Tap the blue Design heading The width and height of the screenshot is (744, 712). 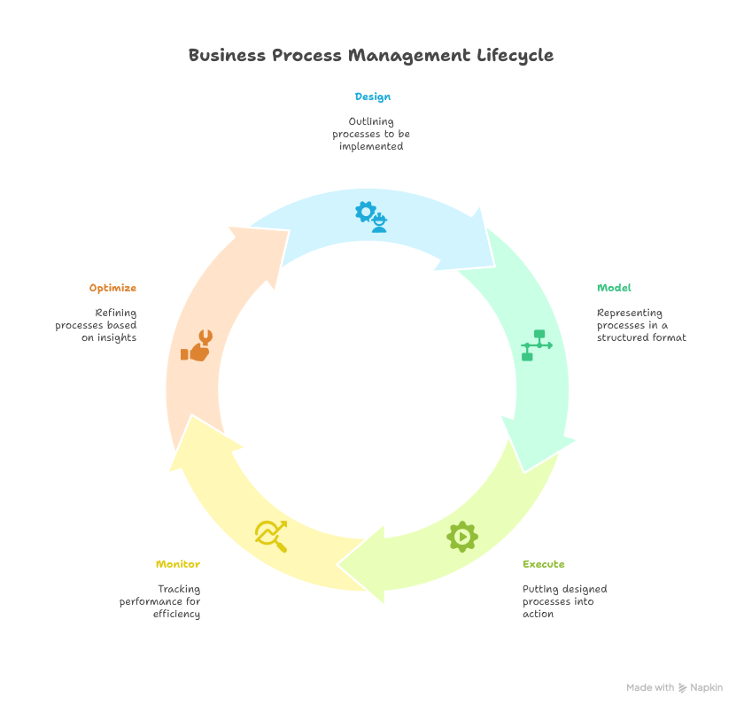point(372,97)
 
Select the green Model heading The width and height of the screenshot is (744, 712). point(614,288)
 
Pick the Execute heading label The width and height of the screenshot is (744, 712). point(543,564)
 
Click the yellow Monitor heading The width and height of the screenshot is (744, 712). point(177,564)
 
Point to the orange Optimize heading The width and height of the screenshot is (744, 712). point(112,288)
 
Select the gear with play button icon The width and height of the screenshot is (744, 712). point(462,537)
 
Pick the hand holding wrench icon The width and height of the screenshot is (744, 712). point(197,345)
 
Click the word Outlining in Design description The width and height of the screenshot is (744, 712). point(371,121)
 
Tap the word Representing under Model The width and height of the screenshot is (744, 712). point(630,313)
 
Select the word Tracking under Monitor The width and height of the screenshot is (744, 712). point(179,589)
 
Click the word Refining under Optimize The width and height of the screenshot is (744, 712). point(115,313)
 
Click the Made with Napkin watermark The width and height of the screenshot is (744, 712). point(674,687)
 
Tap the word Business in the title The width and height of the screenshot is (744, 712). point(226,56)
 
